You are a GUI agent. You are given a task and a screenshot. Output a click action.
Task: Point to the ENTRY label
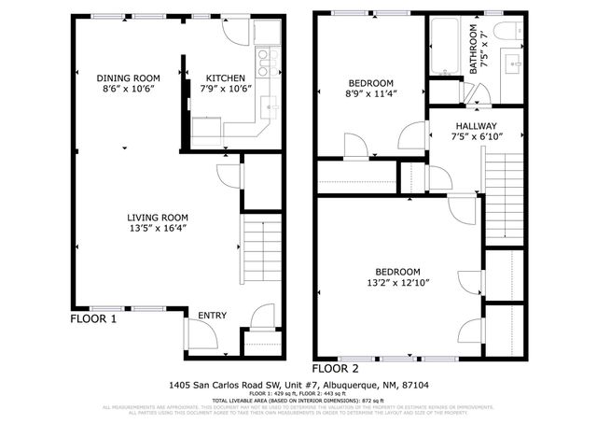pyautogui.click(x=212, y=317)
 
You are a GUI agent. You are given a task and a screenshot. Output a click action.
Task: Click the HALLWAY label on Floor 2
pyautogui.click(x=476, y=126)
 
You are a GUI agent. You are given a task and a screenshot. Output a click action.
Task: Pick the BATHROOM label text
pyautogui.click(x=473, y=49)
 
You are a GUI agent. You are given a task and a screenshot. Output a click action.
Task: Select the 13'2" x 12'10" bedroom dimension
pyautogui.click(x=398, y=282)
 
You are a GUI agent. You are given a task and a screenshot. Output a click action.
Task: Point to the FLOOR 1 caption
pyautogui.click(x=94, y=318)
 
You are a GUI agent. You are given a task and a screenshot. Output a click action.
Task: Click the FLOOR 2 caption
pyautogui.click(x=336, y=368)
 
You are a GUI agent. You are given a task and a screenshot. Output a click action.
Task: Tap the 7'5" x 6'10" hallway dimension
pyautogui.click(x=476, y=137)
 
